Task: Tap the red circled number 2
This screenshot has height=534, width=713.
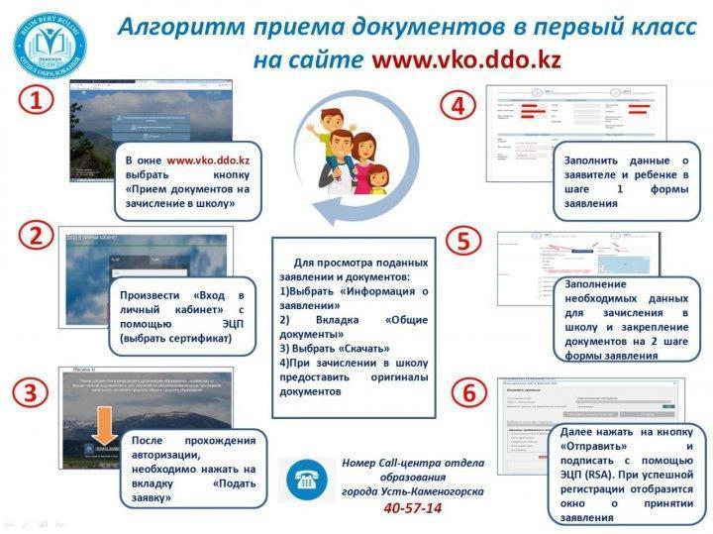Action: click(37, 236)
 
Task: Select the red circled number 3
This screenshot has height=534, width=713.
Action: click(37, 391)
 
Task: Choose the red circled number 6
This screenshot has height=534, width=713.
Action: click(468, 392)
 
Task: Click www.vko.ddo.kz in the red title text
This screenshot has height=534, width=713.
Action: click(465, 59)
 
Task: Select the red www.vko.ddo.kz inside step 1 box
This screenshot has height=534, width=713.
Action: click(207, 159)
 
